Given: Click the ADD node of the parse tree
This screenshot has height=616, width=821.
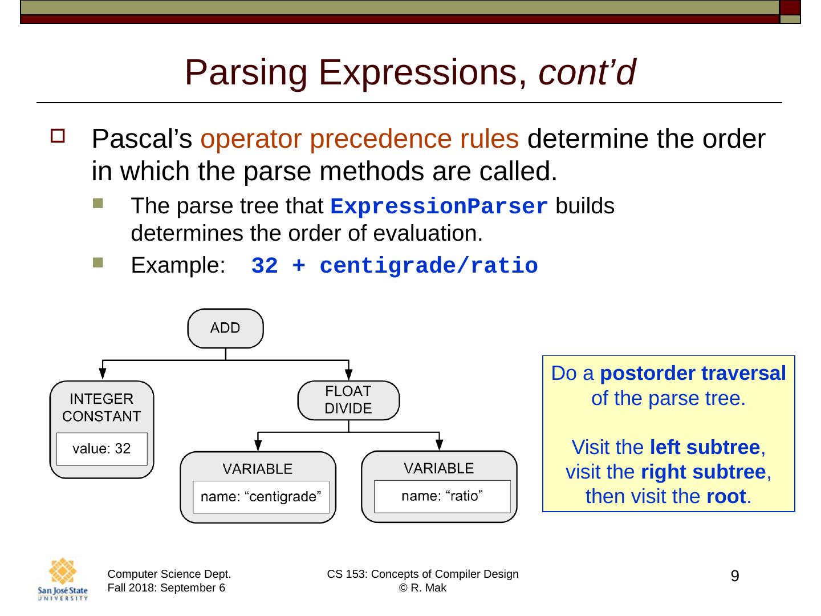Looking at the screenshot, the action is click(225, 328).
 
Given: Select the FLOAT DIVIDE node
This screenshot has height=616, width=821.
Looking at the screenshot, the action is click(348, 400).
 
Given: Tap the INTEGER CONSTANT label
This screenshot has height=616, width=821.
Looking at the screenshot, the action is click(101, 407).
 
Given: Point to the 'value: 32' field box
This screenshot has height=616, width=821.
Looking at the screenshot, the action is click(101, 449).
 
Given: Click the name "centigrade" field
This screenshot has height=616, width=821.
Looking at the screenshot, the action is click(261, 497).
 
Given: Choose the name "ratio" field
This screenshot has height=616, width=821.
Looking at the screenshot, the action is click(442, 496).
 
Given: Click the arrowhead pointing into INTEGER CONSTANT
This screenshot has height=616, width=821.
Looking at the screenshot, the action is click(103, 373).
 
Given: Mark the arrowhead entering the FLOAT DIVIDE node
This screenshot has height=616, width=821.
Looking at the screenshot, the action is click(349, 373).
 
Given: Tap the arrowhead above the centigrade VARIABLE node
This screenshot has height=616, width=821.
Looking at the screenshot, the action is click(258, 444).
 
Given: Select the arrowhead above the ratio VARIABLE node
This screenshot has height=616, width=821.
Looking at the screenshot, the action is click(440, 444).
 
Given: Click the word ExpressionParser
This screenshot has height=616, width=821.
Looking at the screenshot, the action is click(440, 206).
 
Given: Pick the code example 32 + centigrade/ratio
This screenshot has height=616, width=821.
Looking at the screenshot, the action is click(395, 266).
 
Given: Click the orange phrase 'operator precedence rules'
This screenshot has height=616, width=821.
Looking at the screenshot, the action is click(360, 139).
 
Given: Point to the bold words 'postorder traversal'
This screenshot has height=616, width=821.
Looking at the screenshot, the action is click(693, 374).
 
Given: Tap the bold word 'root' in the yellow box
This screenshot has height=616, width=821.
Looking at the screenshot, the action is click(725, 497).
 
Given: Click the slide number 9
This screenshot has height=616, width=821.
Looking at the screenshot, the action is click(735, 576).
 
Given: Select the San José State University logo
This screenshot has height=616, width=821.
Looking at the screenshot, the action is click(63, 579).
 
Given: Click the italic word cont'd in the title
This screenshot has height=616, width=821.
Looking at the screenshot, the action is click(586, 72).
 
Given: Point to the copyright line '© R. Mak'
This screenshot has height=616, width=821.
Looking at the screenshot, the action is click(422, 588).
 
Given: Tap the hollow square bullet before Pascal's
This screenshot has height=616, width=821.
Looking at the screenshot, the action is click(58, 137).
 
